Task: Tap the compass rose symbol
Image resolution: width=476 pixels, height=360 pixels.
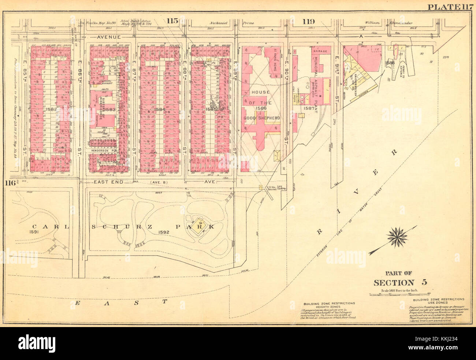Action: (x=396, y=236)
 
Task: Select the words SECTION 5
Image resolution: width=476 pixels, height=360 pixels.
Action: (x=400, y=282)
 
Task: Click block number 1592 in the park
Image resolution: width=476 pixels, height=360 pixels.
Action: (x=164, y=232)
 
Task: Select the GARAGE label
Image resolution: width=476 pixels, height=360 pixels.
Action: (x=320, y=52)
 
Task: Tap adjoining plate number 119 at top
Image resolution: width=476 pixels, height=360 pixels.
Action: (x=308, y=21)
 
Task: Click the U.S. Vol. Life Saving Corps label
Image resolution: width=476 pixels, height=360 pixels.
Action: (x=276, y=188)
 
